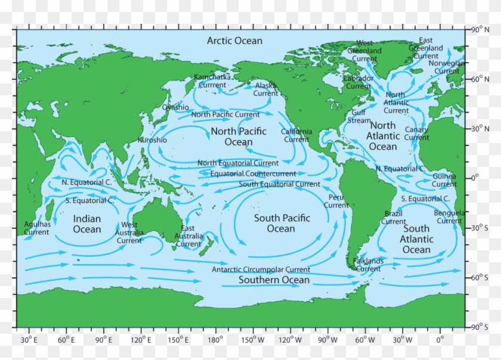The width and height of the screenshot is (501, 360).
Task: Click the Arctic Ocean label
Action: [x=234, y=41]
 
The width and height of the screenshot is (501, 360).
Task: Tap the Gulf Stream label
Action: [x=358, y=116]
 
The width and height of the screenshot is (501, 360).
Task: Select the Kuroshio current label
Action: [x=152, y=140]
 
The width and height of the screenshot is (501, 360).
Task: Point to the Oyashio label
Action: [x=176, y=107]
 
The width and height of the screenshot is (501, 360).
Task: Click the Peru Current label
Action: [x=336, y=201]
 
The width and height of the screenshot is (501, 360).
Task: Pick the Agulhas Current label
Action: [x=36, y=228]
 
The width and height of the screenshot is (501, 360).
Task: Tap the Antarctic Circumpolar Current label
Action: [x=261, y=270]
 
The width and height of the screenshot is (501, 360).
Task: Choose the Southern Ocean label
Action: [x=274, y=280]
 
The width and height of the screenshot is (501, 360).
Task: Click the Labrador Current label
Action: [x=358, y=82]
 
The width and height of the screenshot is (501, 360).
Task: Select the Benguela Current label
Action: [x=449, y=217]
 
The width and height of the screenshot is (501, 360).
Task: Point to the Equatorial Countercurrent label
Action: [x=253, y=174]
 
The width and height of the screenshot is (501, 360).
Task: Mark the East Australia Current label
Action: [x=188, y=236]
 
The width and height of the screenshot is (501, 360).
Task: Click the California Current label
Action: [x=296, y=135]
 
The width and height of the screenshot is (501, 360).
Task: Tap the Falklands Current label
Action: [x=368, y=265]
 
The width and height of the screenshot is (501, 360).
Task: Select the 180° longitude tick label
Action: [x=214, y=340]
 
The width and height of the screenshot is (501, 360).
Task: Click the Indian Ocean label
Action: [x=87, y=224]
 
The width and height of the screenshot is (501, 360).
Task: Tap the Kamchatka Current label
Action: [x=212, y=81]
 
